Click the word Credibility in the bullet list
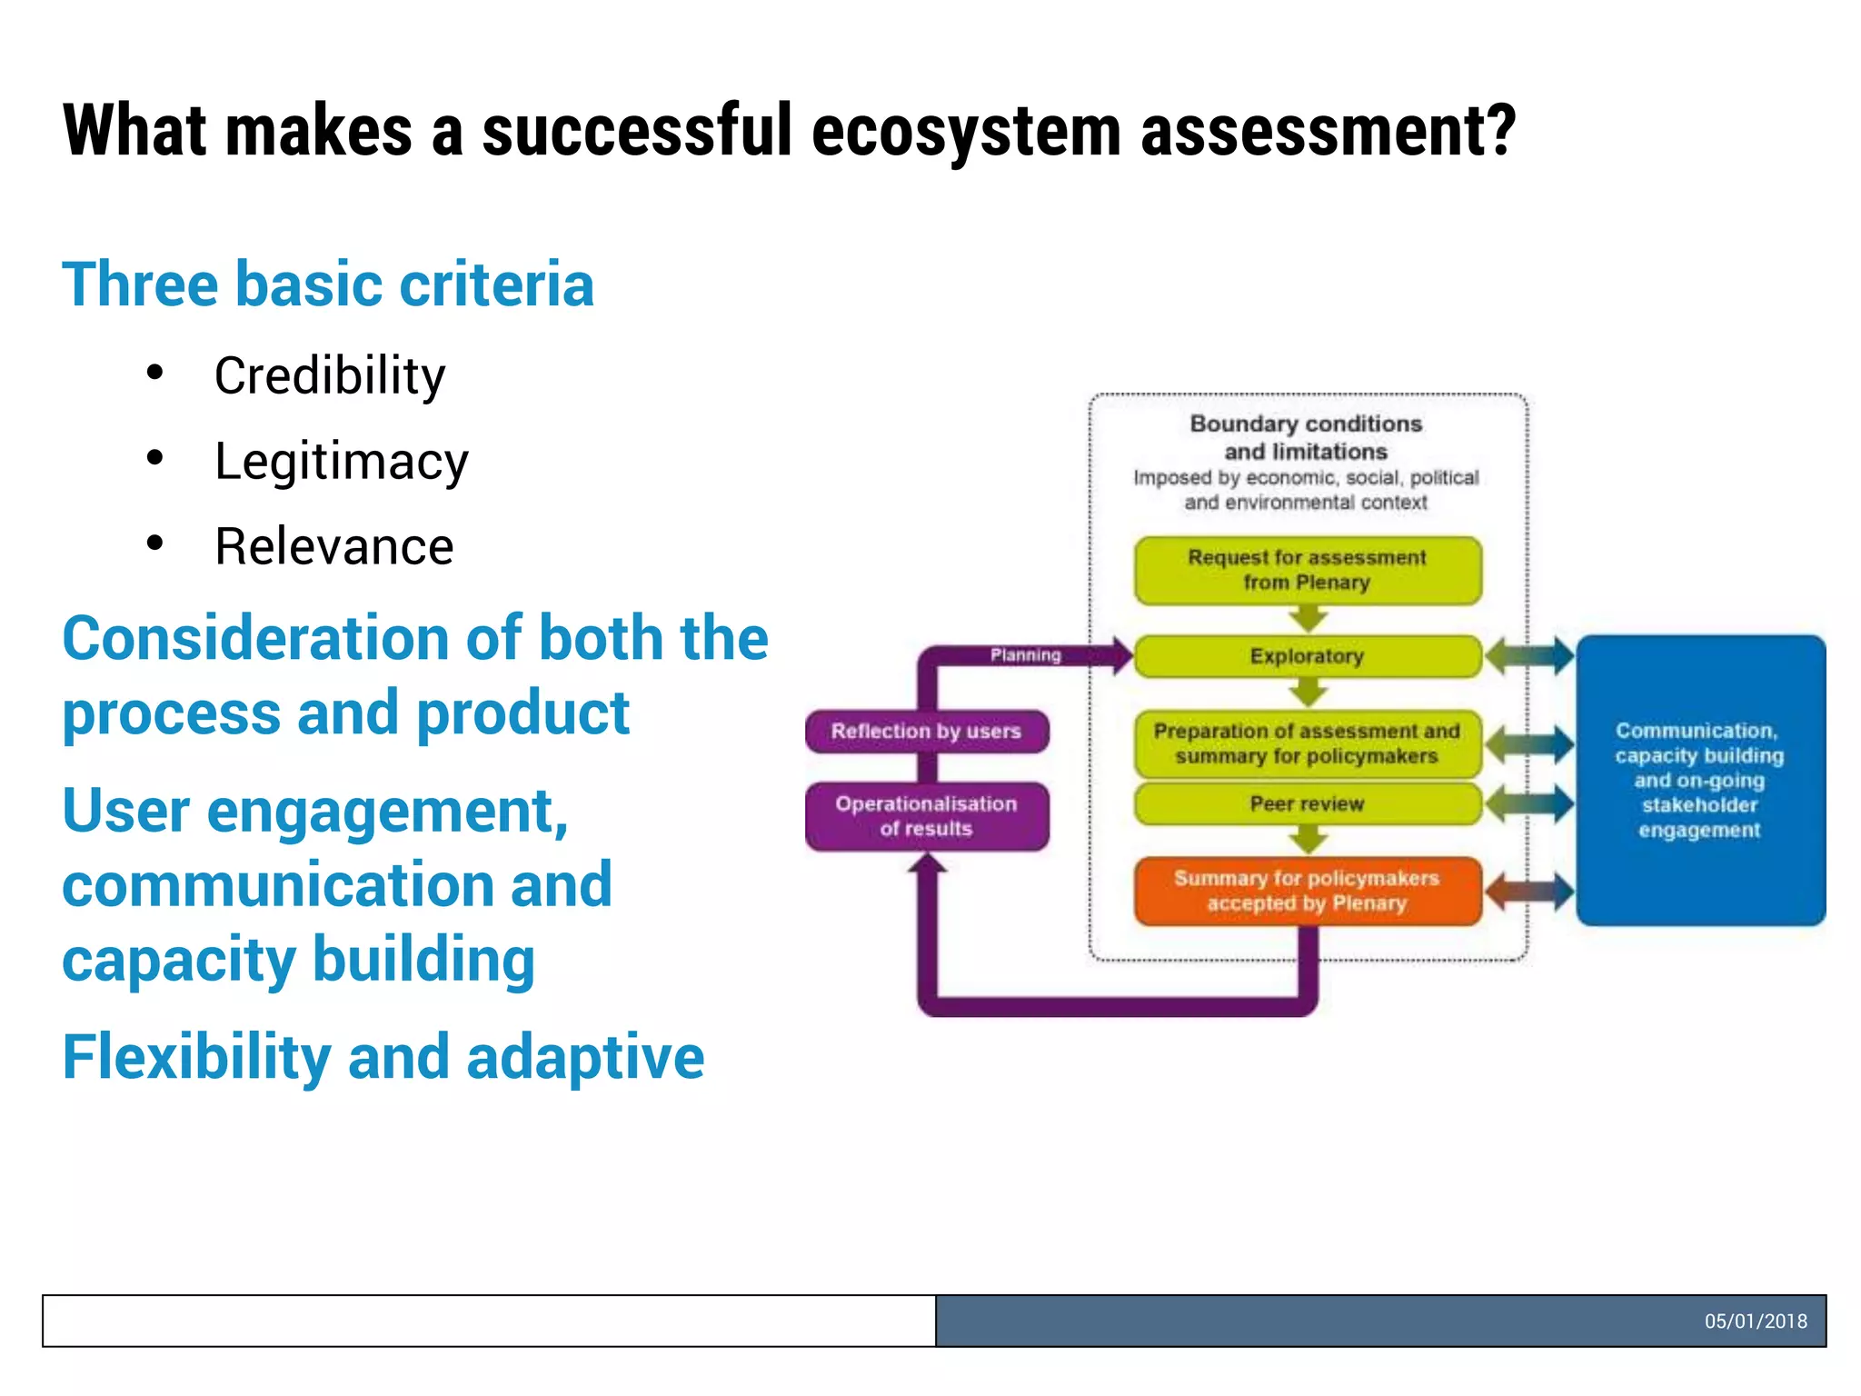(x=330, y=376)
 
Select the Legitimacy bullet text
(x=341, y=462)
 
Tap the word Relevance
(x=333, y=547)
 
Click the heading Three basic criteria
(x=328, y=284)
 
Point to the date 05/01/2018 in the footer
(x=1755, y=1321)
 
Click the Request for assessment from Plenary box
(x=1307, y=571)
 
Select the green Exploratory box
(x=1307, y=656)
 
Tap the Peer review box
(x=1307, y=804)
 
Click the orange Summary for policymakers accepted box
(x=1307, y=892)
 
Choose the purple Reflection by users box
(x=926, y=732)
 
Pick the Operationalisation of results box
(x=926, y=816)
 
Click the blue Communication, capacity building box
(x=1699, y=781)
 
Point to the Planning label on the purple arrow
(x=1025, y=655)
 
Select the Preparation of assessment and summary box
(x=1307, y=744)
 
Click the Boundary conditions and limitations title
(x=1306, y=437)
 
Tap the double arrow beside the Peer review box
(x=1529, y=804)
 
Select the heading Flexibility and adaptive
(x=383, y=1058)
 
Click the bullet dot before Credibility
(x=155, y=373)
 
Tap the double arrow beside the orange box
(x=1529, y=892)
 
